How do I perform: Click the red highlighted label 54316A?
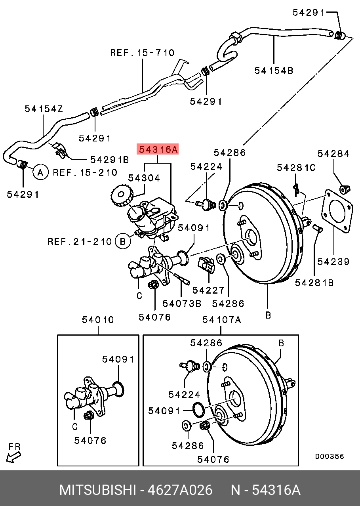tap(158, 149)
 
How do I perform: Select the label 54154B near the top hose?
tap(274, 71)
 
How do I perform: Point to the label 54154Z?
tap(44, 109)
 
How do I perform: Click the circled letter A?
tap(40, 172)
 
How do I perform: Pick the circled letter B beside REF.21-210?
tap(123, 241)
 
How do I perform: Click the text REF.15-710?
tap(142, 52)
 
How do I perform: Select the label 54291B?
tap(110, 159)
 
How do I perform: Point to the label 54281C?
tap(296, 167)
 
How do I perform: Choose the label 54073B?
tap(182, 304)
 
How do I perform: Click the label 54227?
tap(208, 290)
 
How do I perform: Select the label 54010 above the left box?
tap(98, 319)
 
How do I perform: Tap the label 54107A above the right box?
tap(221, 319)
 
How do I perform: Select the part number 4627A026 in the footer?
tap(180, 490)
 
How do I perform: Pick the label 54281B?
tap(314, 283)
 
